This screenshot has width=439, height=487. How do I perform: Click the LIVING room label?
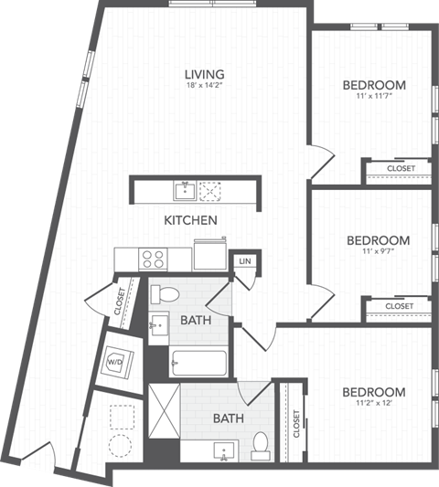[x=204, y=74]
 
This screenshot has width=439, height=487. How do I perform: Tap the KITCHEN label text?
[x=189, y=220]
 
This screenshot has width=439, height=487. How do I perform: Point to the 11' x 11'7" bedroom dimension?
[x=373, y=99]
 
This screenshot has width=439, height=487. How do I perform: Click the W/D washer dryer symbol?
[x=116, y=361]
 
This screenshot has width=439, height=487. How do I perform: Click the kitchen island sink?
[x=186, y=191]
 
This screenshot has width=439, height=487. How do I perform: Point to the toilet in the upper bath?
[x=166, y=294]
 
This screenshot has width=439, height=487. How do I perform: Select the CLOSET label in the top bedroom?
[x=401, y=169]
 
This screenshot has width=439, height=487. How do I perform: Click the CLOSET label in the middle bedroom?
[x=399, y=306]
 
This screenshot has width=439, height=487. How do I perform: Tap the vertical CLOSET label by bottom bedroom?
[x=296, y=423]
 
